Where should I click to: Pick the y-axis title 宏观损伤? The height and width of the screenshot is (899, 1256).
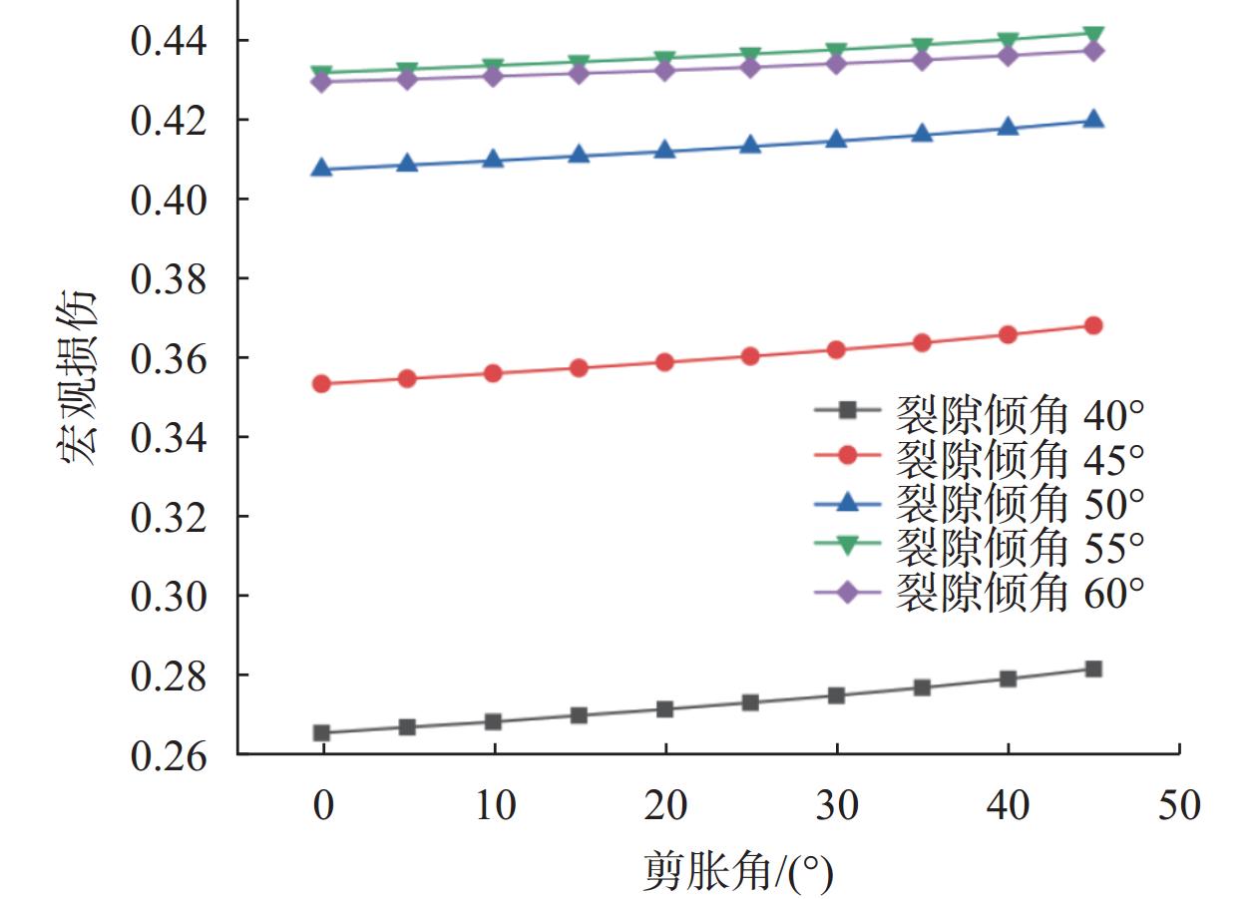pos(78,379)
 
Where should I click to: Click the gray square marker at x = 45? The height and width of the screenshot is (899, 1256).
pos(1093,669)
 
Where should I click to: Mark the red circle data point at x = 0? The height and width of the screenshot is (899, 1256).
pos(321,384)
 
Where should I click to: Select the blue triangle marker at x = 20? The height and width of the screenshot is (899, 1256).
pos(664,151)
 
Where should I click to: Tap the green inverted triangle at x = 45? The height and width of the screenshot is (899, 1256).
pos(1093,35)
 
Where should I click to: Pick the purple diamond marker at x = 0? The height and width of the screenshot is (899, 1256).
pos(321,82)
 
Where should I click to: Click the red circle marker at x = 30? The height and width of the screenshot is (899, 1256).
pos(836,350)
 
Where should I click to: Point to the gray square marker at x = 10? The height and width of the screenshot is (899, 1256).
pos(493,721)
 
